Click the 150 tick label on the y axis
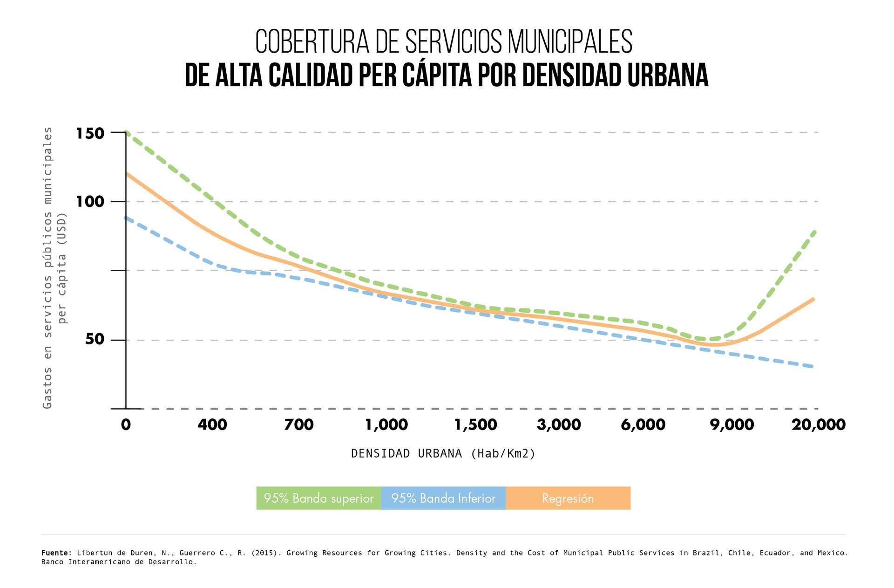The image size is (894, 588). point(90,134)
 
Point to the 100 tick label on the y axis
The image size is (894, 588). point(90,202)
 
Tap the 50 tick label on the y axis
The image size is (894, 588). point(95,339)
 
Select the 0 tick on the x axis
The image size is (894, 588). point(126,424)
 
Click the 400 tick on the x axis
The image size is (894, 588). point(212,424)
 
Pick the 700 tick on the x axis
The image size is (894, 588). point(299,424)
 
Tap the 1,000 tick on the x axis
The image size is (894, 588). point(386,424)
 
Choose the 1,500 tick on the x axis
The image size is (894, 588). point(476,424)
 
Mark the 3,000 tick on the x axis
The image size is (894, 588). point(559,424)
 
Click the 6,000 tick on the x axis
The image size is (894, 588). point(643,424)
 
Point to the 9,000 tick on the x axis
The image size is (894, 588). point(732,424)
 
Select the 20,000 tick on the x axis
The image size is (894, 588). point(819,424)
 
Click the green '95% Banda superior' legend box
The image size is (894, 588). point(318,498)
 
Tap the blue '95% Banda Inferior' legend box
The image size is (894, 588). point(443,498)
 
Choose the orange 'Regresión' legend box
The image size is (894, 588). point(568,498)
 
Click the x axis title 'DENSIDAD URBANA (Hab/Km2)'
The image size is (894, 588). point(443,453)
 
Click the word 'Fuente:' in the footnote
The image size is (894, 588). point(57,553)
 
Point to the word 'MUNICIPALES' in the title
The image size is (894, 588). point(570,42)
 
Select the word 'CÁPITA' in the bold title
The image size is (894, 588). point(437,75)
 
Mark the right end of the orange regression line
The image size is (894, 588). point(813,299)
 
